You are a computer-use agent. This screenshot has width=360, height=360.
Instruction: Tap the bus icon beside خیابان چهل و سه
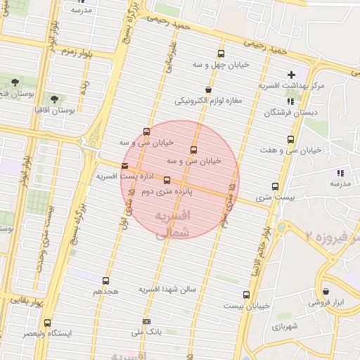point(221,54)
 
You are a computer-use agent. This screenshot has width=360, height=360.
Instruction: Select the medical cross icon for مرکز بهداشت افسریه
point(291,75)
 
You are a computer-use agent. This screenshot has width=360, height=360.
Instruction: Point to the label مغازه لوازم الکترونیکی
point(208,100)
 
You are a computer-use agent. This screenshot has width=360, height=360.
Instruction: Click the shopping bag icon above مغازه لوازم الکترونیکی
point(208,89)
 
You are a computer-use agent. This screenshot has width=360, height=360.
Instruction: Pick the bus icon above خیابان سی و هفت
point(290,139)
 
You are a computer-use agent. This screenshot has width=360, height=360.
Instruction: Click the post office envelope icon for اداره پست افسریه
point(125,166)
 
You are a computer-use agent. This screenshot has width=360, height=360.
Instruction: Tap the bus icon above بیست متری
point(275,187)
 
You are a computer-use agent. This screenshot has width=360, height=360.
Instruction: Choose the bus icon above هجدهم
point(106,281)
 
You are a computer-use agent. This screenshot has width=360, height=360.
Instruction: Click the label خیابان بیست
point(247,306)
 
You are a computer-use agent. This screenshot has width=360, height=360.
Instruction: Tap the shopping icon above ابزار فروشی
point(326,291)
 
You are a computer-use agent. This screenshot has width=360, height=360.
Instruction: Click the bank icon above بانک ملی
point(146,321)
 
